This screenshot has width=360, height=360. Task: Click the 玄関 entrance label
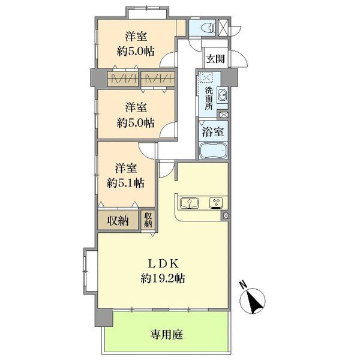pos(215,59)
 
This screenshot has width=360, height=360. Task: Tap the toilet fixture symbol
pos(208,28)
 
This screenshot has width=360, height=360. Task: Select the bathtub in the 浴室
pos(213,151)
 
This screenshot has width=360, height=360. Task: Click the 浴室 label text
pos(213,132)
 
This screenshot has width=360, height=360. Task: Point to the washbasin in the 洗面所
pos(222,95)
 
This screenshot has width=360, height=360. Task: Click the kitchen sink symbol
pos(190,203)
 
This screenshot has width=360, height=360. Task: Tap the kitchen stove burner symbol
pos(216,203)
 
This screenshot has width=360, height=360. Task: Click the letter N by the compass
pos(243,285)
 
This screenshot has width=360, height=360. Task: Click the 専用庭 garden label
pos(167,335)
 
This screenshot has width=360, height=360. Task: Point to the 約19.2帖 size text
pos(163,279)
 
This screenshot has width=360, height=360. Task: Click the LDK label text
pos(163,264)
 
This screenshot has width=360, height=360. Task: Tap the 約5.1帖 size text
pos(125,183)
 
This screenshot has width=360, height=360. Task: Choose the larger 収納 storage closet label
pos(118,221)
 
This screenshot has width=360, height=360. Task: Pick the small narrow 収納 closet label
pos(148,220)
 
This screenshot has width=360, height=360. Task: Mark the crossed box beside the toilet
pos(223,28)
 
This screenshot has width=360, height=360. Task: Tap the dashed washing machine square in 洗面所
pos(206,77)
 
